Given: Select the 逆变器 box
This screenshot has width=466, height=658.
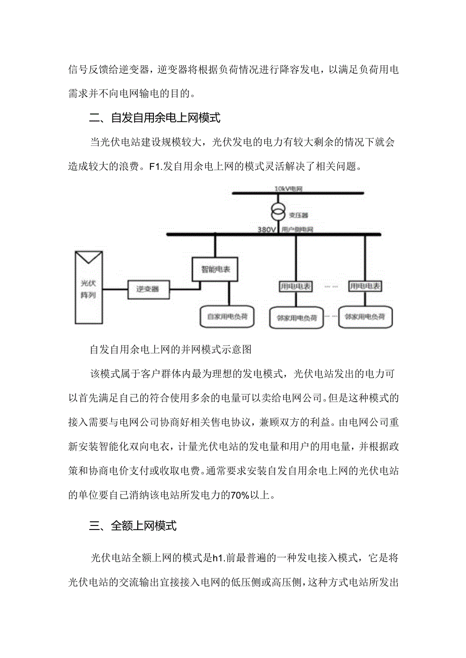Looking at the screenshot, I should (148, 289).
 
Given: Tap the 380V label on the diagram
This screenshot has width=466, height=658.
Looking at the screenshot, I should (267, 229).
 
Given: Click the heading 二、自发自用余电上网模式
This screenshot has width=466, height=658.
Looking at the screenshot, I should (156, 118).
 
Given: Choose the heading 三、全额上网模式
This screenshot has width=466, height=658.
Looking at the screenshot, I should (133, 526).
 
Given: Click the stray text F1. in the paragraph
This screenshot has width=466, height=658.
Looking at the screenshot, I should (158, 167).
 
